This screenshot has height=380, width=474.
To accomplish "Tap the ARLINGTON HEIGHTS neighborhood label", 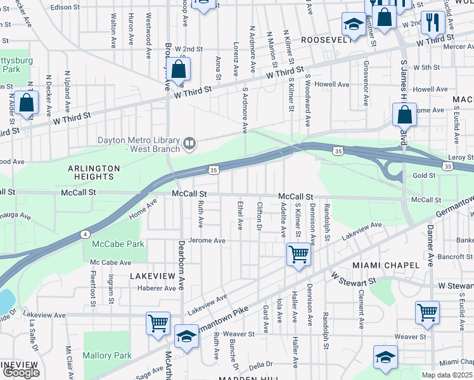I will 94,173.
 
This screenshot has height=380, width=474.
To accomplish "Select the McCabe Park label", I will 118,244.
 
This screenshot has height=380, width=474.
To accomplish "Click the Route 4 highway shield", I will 84,234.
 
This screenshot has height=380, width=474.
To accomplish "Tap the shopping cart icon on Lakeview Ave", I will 298,255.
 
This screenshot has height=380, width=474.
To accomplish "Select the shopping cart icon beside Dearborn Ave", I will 158,322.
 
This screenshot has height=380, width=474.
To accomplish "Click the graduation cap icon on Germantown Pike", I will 186,338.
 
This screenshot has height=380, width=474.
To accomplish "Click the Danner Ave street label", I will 430,244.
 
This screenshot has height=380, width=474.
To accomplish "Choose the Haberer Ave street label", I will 157,288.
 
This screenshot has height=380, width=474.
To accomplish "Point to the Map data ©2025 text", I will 447,375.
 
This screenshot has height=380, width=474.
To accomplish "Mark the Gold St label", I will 423,175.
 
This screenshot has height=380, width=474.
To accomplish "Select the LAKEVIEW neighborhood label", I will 152,277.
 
